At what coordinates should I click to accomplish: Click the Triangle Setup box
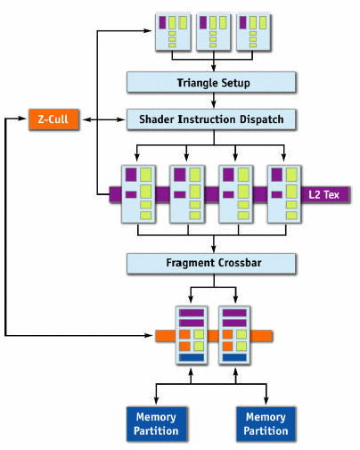coord(211,82)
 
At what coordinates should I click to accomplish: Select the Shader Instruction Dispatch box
coord(211,119)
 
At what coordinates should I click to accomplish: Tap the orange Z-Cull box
coord(53,119)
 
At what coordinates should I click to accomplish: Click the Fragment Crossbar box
coord(211,263)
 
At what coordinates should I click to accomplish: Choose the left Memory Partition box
coord(157,424)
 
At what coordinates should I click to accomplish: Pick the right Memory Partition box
coord(266,424)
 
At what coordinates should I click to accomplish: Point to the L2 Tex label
coord(323,195)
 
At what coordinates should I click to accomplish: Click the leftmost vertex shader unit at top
coord(173,32)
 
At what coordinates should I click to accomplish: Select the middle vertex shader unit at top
coord(213,32)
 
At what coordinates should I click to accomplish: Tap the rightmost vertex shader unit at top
coord(253,32)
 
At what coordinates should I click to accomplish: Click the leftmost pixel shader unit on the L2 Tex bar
coord(138,194)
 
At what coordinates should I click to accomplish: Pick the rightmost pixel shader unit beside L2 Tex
coord(284,194)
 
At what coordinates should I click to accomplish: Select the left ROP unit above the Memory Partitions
coord(192,335)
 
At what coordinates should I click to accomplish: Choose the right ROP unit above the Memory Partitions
coord(234,335)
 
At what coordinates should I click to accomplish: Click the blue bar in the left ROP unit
coord(192,357)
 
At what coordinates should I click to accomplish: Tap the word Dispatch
coord(261,119)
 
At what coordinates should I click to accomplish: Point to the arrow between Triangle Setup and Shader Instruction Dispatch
coord(214,101)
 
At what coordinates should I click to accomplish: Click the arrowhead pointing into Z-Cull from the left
coord(23,119)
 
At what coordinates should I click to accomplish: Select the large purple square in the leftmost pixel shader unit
coord(131,175)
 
